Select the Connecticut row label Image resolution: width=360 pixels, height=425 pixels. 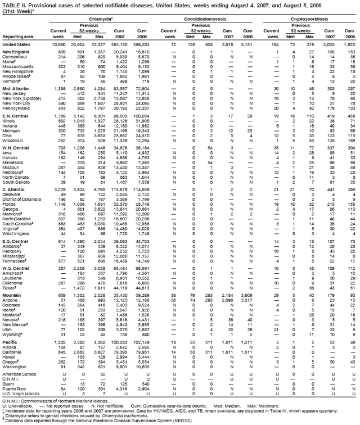point(15,56)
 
